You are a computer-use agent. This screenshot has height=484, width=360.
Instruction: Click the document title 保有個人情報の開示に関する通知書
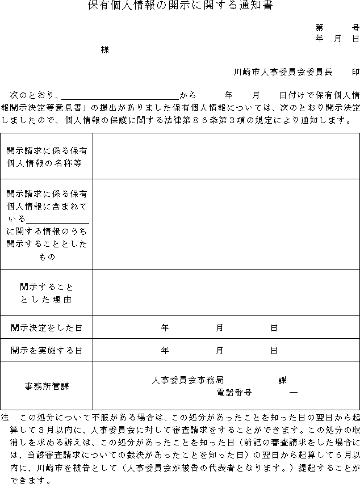(x=180, y=6)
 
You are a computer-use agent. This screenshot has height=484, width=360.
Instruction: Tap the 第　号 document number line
(x=337, y=27)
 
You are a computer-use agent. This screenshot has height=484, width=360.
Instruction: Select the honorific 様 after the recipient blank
(x=104, y=49)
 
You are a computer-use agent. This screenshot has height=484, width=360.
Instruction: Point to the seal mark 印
(x=355, y=72)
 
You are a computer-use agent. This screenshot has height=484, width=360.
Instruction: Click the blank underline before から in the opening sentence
(x=120, y=95)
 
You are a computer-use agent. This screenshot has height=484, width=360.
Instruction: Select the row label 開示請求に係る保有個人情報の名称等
(x=47, y=157)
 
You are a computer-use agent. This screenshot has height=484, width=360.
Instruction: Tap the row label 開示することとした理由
(x=47, y=293)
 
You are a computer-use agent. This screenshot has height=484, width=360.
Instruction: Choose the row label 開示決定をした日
(x=47, y=328)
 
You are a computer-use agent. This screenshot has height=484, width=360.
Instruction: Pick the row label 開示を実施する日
(x=47, y=351)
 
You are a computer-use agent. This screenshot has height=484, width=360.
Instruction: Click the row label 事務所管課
(x=47, y=386)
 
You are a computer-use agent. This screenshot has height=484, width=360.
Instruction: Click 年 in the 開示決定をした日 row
(x=165, y=328)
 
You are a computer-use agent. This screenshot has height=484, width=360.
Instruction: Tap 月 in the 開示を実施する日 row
(x=219, y=351)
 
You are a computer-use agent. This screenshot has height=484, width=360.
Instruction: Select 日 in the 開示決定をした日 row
(x=274, y=328)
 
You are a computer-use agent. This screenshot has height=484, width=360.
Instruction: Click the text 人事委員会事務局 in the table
(x=188, y=380)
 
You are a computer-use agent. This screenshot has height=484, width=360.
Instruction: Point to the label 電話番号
(x=234, y=392)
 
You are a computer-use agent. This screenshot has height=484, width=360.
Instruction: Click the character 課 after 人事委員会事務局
(x=282, y=380)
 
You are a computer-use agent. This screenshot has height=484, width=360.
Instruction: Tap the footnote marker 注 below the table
(x=5, y=416)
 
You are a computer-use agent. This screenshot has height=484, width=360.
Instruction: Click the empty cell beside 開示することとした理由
(x=226, y=293)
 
